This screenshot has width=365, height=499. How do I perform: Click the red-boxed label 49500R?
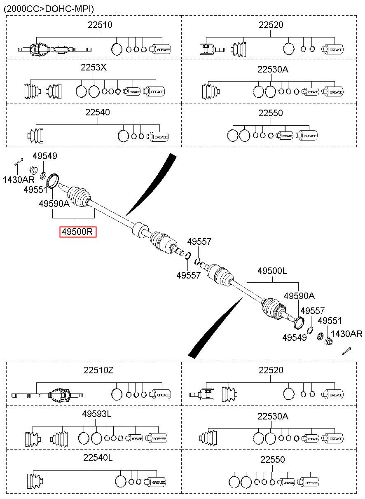[x=78, y=232]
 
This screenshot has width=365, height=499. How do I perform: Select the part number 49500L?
[x=272, y=271]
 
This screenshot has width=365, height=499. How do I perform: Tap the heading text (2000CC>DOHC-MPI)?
[x=49, y=9]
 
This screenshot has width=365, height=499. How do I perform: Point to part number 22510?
[x=100, y=25]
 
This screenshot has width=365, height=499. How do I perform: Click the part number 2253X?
[x=94, y=67]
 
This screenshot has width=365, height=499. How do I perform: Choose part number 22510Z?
[x=98, y=370]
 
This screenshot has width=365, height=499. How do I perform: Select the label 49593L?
[x=97, y=414]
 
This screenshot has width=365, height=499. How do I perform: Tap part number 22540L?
[x=98, y=457]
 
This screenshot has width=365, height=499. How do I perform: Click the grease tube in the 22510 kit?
[x=160, y=49]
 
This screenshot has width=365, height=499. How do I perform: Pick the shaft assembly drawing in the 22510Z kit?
[x=47, y=396]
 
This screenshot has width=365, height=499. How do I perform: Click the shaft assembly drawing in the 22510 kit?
[x=54, y=49]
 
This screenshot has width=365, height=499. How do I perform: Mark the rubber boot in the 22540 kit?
[x=35, y=135]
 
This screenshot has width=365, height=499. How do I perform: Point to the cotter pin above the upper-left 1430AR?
[x=19, y=162]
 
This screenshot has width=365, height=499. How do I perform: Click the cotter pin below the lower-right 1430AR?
[x=346, y=351]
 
